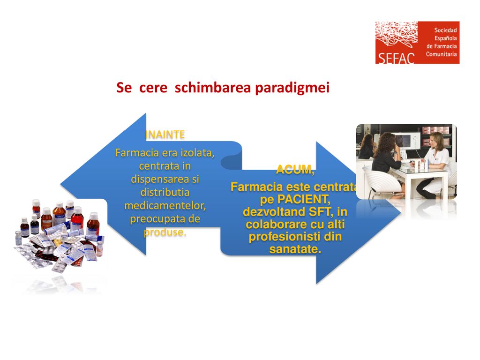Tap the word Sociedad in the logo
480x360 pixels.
coord(445,30)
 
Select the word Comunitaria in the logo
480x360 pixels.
coord(441,54)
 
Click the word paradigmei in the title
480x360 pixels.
coord(292,88)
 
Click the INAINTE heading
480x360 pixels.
coord(165,135)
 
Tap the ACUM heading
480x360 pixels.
coord(295,169)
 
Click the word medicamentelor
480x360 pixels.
coord(165,205)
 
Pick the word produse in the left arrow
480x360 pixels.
coord(165,232)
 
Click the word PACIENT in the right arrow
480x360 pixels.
coord(304,200)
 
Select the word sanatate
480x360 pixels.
coord(295,249)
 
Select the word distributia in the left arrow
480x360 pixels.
coord(165,193)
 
